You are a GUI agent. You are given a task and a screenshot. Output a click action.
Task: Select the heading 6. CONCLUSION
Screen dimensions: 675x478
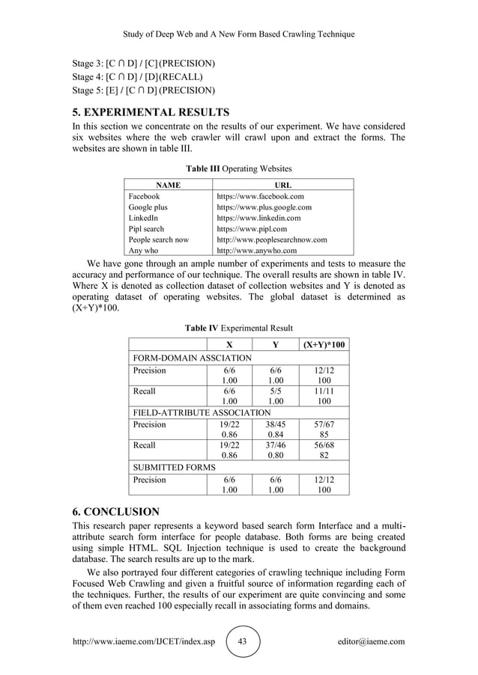pos(115,512)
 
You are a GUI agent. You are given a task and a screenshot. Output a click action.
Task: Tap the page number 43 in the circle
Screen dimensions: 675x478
pos(242,642)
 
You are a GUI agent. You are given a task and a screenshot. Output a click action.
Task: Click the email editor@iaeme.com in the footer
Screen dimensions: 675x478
pos(372,642)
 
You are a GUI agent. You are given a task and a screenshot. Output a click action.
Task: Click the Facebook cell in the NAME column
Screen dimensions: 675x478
pos(144,195)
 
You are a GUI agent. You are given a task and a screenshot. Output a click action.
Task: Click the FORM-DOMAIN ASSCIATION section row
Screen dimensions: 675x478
pos(193,358)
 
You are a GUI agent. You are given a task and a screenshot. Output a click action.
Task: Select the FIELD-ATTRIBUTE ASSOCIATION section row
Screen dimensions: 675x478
pos(202,412)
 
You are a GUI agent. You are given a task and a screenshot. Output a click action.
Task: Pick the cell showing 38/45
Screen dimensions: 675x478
pos(276,424)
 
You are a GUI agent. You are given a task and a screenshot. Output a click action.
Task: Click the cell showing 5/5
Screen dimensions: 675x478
pos(276,391)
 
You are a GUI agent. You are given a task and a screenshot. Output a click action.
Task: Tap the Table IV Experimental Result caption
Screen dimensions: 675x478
pos(239,328)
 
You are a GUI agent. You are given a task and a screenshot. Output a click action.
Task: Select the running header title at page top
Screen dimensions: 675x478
pos(239,34)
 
